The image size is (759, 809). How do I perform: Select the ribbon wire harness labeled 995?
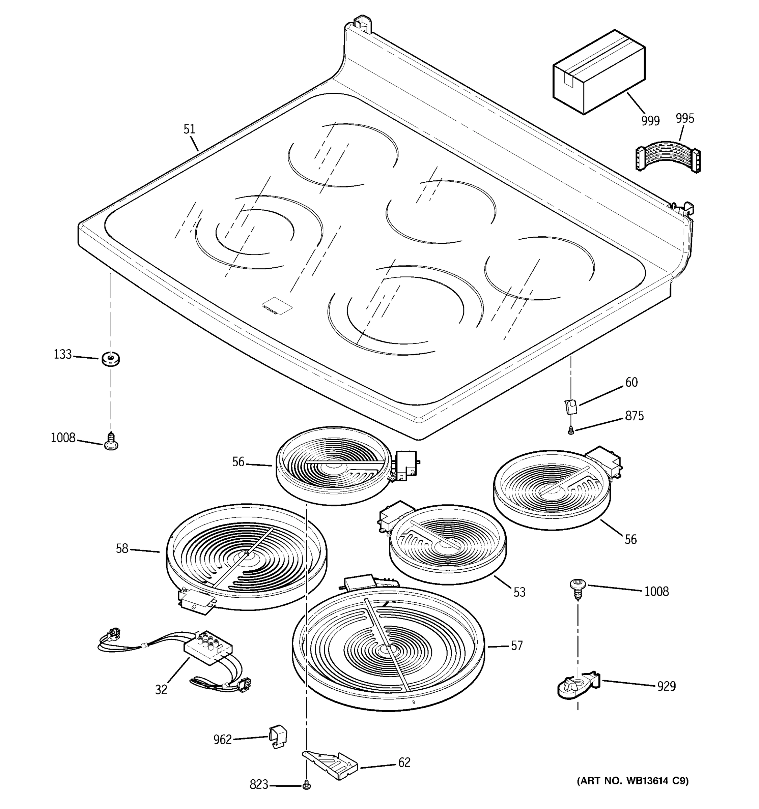pos(668,157)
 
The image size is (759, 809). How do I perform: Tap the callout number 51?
pos(189,129)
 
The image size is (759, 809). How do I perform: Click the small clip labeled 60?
pos(571,406)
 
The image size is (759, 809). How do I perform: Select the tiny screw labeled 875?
pos(571,429)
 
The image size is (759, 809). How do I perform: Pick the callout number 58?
pos(122,549)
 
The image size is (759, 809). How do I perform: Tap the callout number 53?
pos(519,592)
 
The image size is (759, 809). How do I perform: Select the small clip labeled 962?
pos(278,736)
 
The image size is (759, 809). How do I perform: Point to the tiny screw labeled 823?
pos(307,785)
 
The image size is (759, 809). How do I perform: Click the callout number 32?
pos(161,689)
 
